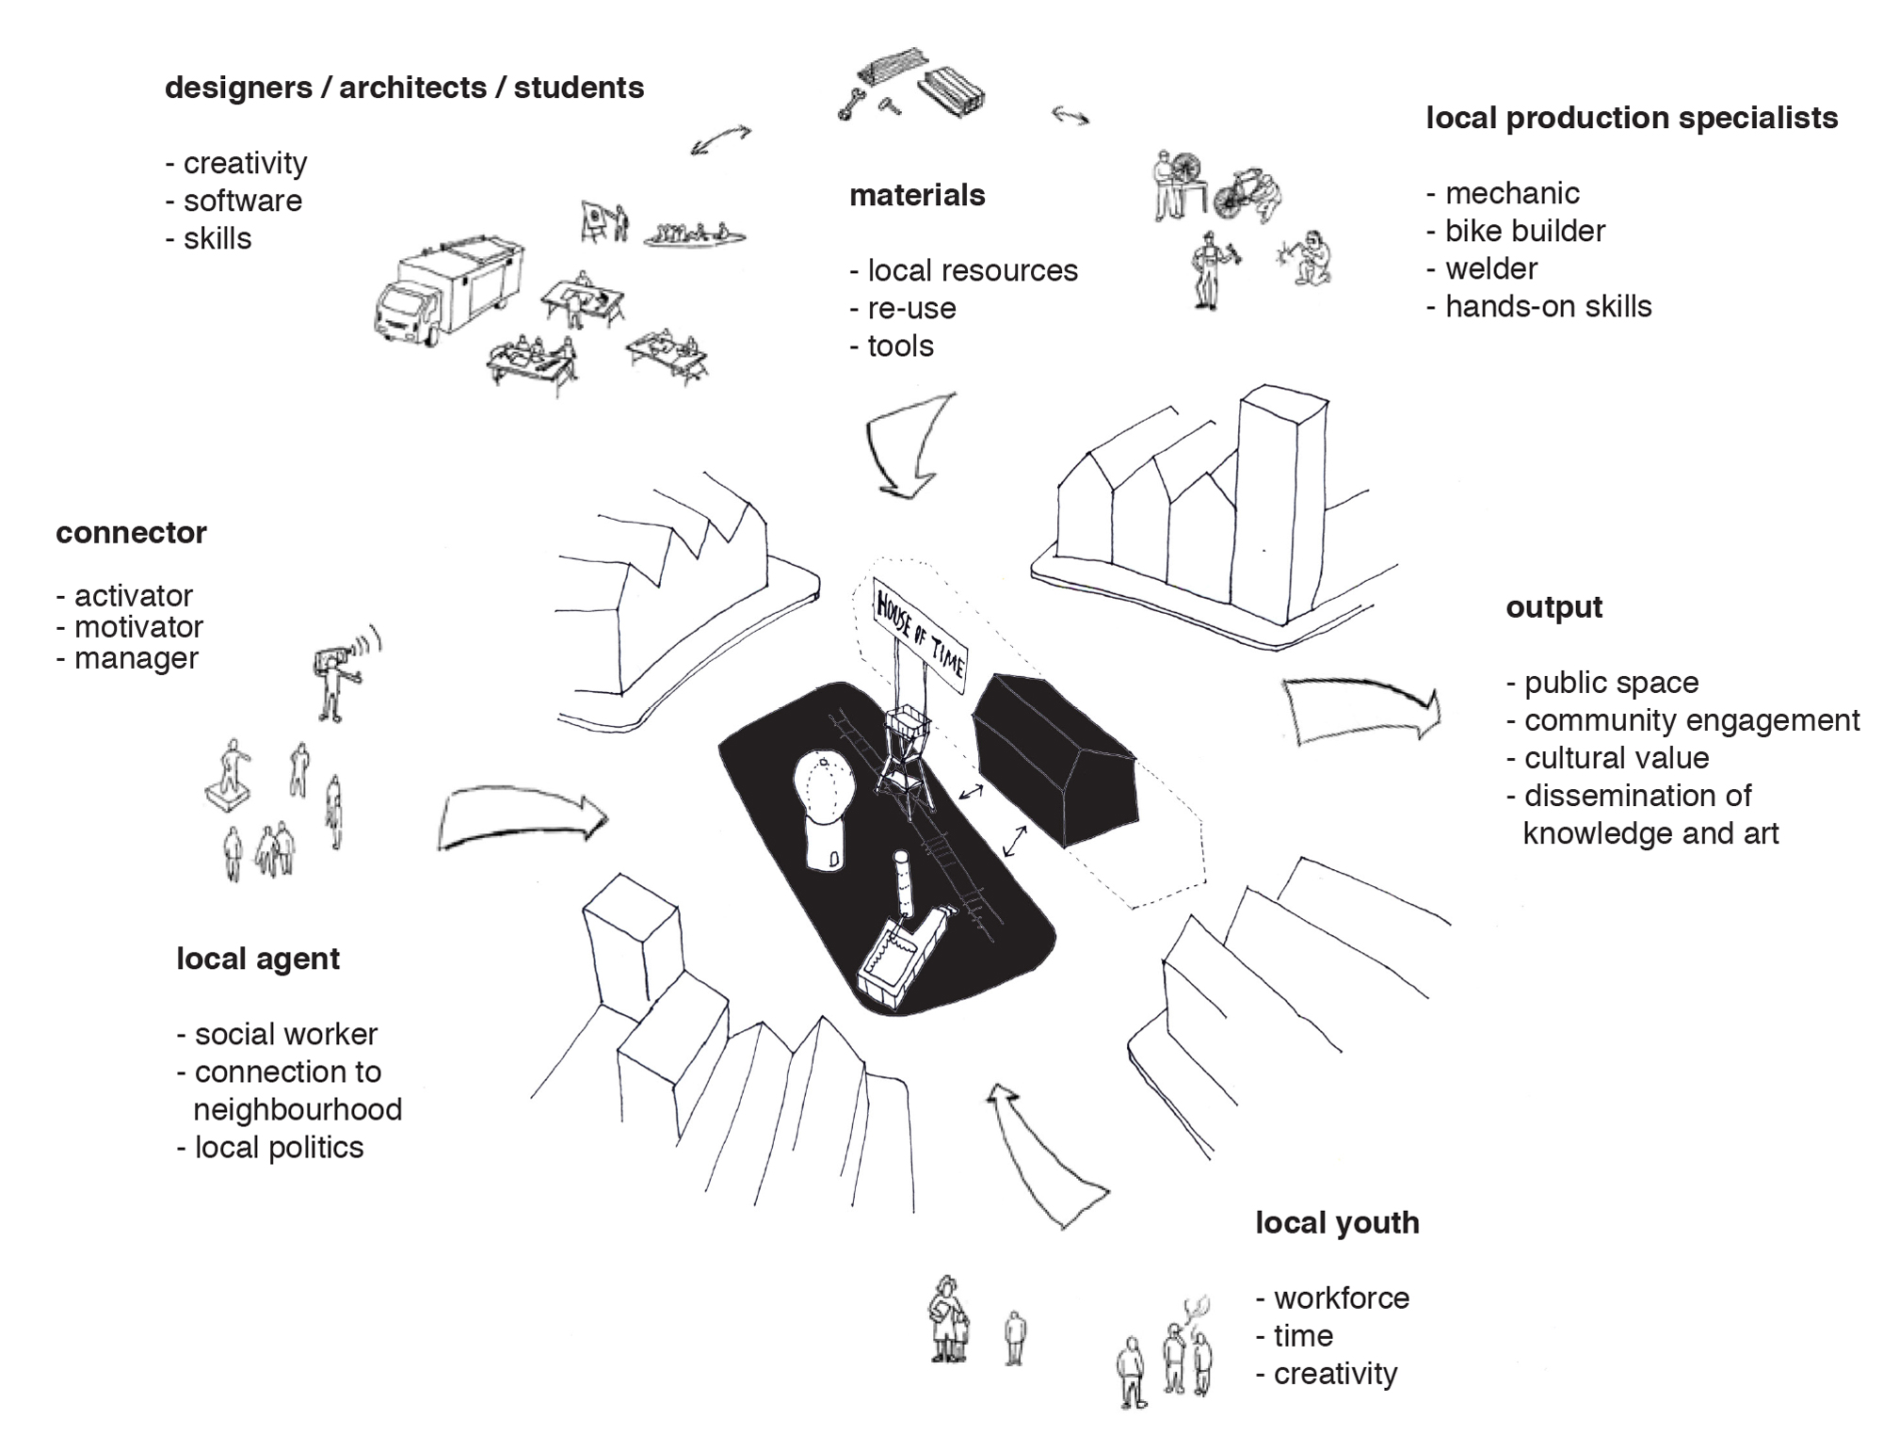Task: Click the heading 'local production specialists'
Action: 1631,119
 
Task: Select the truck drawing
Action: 448,293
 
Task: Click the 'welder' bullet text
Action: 1491,269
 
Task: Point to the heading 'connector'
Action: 131,533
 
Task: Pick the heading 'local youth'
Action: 1337,1223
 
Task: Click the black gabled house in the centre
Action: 1054,758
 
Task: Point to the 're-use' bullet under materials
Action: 902,309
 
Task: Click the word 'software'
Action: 242,201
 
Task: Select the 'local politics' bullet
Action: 279,1148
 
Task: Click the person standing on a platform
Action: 229,772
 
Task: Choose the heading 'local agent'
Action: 258,959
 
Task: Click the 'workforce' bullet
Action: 1341,1298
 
